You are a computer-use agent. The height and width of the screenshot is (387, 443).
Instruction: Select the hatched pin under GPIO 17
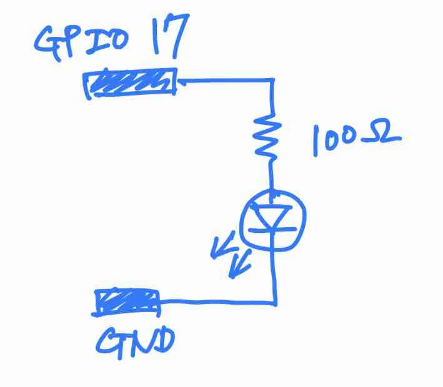coord(130,83)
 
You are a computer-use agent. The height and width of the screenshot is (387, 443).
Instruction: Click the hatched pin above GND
coord(126,302)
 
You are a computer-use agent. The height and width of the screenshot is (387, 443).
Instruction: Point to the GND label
coord(135,343)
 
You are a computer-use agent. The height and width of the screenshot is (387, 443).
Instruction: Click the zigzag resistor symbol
coord(267,136)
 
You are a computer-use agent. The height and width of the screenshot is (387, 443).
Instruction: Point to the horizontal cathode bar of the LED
coord(272,230)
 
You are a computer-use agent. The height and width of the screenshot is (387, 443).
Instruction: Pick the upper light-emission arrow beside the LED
coord(223,245)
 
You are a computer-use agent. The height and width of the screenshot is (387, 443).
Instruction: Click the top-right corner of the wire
coord(272,81)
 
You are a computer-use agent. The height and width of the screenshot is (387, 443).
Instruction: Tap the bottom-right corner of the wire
coord(275,304)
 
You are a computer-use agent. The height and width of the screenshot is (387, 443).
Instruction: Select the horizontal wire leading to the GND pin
coord(217,303)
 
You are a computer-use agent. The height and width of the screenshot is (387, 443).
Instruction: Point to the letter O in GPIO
coord(115,41)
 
